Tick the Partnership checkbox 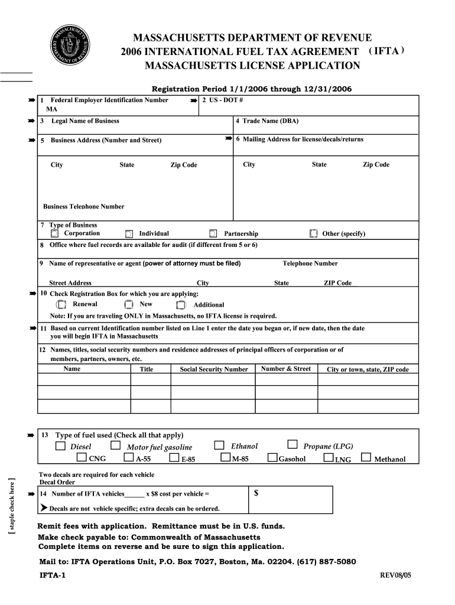pyautogui.click(x=213, y=234)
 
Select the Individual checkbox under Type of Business pyautogui.click(x=129, y=234)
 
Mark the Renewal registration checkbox pyautogui.click(x=61, y=305)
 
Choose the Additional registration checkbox pyautogui.click(x=181, y=305)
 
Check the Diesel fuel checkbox pyautogui.click(x=60, y=446)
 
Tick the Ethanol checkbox pyautogui.click(x=219, y=445)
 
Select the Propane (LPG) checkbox pyautogui.click(x=292, y=445)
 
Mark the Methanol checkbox pyautogui.click(x=366, y=458)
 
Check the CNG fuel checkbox pyautogui.click(x=82, y=458)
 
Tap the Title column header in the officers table pyautogui.click(x=146, y=369)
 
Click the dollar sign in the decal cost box pyautogui.click(x=256, y=494)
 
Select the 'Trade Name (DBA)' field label pyautogui.click(x=267, y=121)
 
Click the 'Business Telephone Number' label pyautogui.click(x=84, y=207)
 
